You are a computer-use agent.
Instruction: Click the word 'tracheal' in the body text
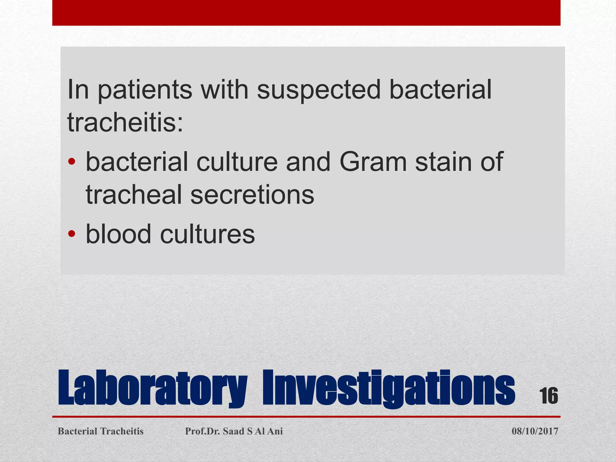pos(134,195)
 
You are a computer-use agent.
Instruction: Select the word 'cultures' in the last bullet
pos(208,234)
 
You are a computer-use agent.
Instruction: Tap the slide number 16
pos(548,396)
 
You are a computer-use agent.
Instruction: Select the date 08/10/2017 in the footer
pos(535,431)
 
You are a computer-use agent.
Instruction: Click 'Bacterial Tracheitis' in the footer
pos(100,431)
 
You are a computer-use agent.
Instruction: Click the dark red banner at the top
pos(306,13)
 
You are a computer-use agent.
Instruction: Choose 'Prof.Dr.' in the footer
pos(202,431)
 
